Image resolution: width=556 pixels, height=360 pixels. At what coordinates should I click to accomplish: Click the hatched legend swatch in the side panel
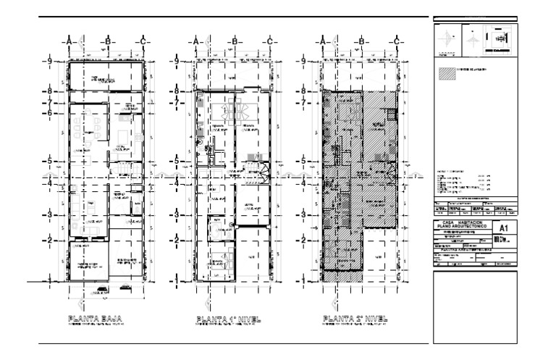(x=446, y=72)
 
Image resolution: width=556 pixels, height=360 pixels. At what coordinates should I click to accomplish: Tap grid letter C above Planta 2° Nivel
(x=397, y=41)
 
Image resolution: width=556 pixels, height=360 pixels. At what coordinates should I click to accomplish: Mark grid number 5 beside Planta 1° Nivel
(x=175, y=160)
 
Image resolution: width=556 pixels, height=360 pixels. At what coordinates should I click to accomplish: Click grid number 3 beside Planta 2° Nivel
(x=303, y=215)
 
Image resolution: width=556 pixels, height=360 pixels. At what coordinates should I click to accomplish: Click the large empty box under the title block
(x=476, y=304)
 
